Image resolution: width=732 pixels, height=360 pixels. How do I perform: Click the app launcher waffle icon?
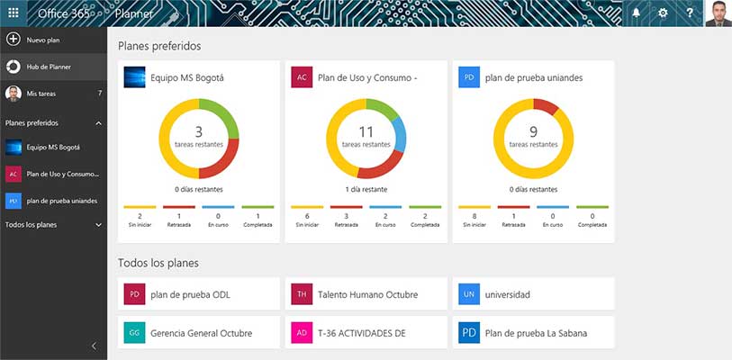click(x=13, y=13)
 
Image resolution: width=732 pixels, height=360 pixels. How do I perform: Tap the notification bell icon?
click(x=636, y=13)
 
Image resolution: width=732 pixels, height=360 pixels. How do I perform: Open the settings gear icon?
click(x=663, y=13)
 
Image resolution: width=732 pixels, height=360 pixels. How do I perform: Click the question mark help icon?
click(x=690, y=13)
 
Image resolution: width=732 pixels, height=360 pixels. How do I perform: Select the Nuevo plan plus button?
click(x=14, y=40)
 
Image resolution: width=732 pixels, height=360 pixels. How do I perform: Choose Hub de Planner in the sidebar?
click(x=49, y=67)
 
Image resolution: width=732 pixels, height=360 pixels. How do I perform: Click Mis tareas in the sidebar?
click(x=44, y=94)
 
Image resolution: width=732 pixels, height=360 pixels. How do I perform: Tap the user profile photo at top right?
click(x=718, y=13)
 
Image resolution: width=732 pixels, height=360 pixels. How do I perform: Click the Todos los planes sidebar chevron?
click(x=98, y=224)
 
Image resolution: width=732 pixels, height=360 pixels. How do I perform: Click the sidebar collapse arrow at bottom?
click(x=94, y=346)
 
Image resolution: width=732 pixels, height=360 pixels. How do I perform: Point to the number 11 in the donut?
click(x=366, y=132)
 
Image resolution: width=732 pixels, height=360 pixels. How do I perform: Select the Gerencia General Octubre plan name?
click(x=201, y=333)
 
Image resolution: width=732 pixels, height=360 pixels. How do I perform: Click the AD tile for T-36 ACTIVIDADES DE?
click(x=301, y=333)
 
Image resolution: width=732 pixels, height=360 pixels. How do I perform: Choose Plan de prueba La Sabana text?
click(x=536, y=333)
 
